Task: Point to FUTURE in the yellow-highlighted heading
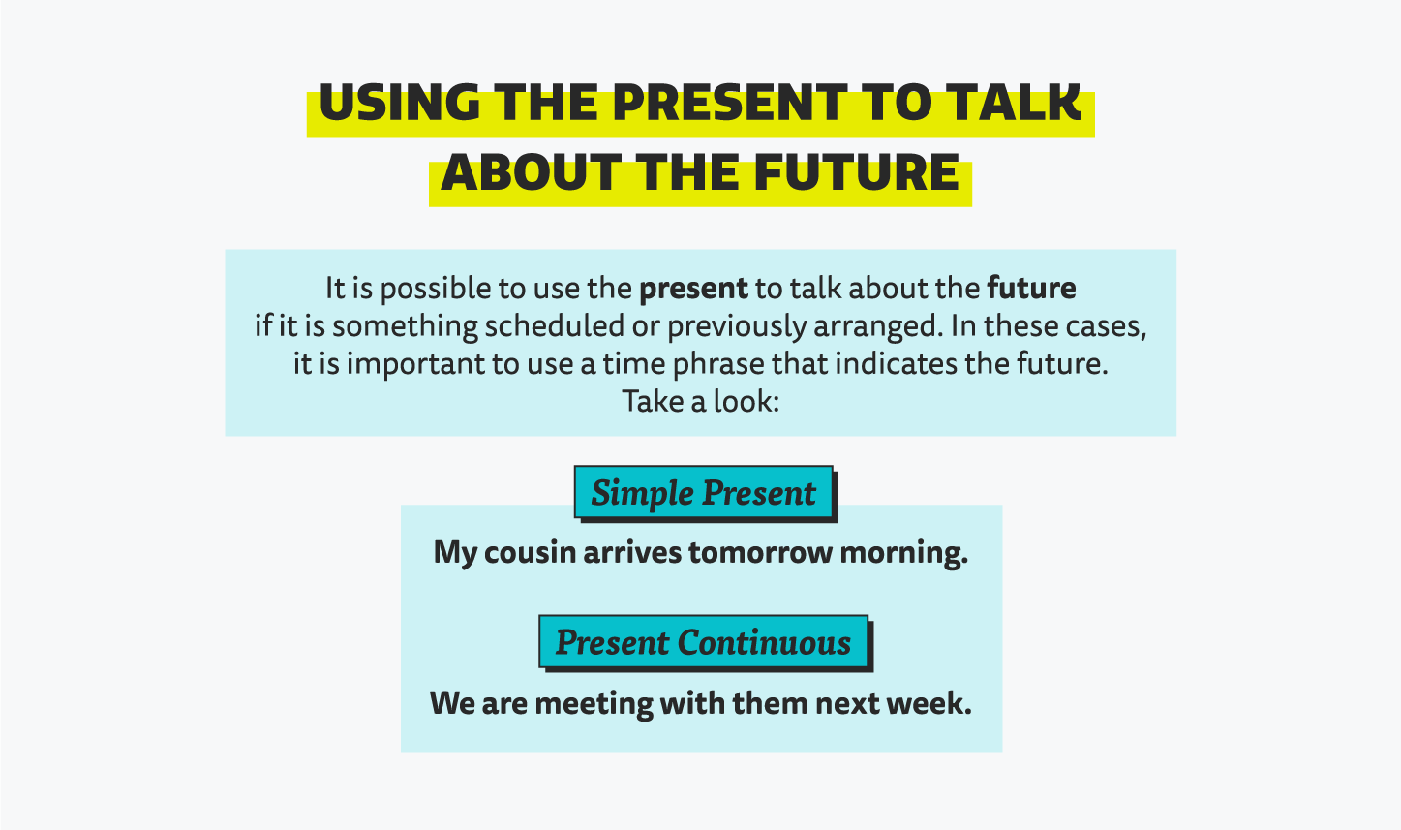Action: coord(857,172)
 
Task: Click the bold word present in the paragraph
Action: coord(693,289)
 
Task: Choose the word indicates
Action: coord(896,363)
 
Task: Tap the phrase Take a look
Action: coord(700,401)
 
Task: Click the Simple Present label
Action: coord(703,492)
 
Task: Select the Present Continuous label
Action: coord(703,642)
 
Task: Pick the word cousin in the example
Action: coord(530,552)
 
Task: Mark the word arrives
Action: coord(631,552)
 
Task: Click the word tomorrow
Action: coord(760,552)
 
